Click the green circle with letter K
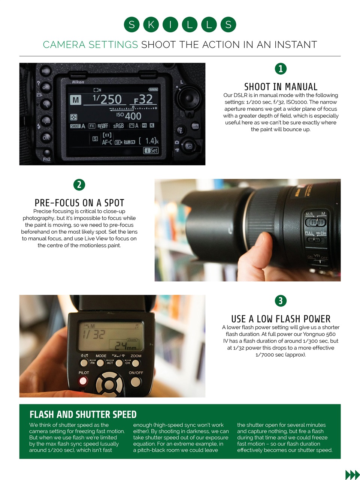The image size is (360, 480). click(x=151, y=25)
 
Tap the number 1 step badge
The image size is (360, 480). click(x=281, y=69)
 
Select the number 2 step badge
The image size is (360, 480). click(x=79, y=184)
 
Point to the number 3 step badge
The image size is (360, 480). click(x=281, y=301)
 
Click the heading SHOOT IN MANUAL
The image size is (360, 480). click(x=281, y=87)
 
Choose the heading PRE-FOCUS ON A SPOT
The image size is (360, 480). click(x=79, y=203)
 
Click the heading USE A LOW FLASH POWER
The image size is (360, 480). click(x=281, y=319)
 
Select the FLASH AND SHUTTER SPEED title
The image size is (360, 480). click(x=83, y=414)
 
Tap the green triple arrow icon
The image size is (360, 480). click(x=352, y=475)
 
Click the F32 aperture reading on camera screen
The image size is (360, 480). click(x=144, y=99)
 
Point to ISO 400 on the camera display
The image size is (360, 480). click(x=129, y=116)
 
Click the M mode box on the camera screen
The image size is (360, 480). click(x=76, y=100)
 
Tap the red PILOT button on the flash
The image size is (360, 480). click(x=83, y=381)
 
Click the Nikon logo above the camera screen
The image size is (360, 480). click(x=78, y=82)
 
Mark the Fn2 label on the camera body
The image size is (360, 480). click(x=46, y=159)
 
